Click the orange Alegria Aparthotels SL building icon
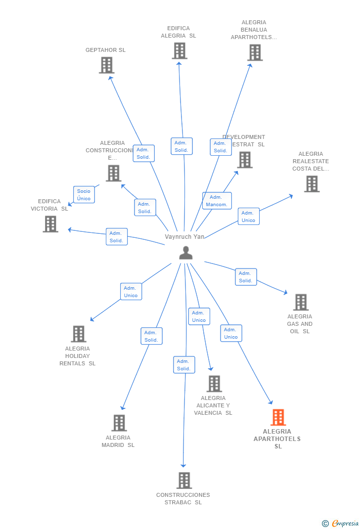pos(278,417)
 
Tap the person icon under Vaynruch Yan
pos(185,253)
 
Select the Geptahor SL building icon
pos(106,65)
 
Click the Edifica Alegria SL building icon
pos(180,50)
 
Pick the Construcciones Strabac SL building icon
pos(184,480)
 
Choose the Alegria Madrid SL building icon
pos(119,423)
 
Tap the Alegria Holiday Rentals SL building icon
pos(79,334)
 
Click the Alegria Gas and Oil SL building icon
pos(301,302)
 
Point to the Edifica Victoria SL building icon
pos(50,224)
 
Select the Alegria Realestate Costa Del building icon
pos(312,184)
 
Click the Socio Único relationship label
pos(84,195)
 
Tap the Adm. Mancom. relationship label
pos(217,201)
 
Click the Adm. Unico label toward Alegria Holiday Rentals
pos(131,292)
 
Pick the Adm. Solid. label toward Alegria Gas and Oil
pos(246,277)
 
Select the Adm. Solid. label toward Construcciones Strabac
pos(184,365)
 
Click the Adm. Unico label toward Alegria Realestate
pos(248,217)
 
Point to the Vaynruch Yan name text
pos(184,237)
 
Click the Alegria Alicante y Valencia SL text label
pos(213,405)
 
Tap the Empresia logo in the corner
pos(340,524)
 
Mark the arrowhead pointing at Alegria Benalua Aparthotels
pos(251,65)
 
